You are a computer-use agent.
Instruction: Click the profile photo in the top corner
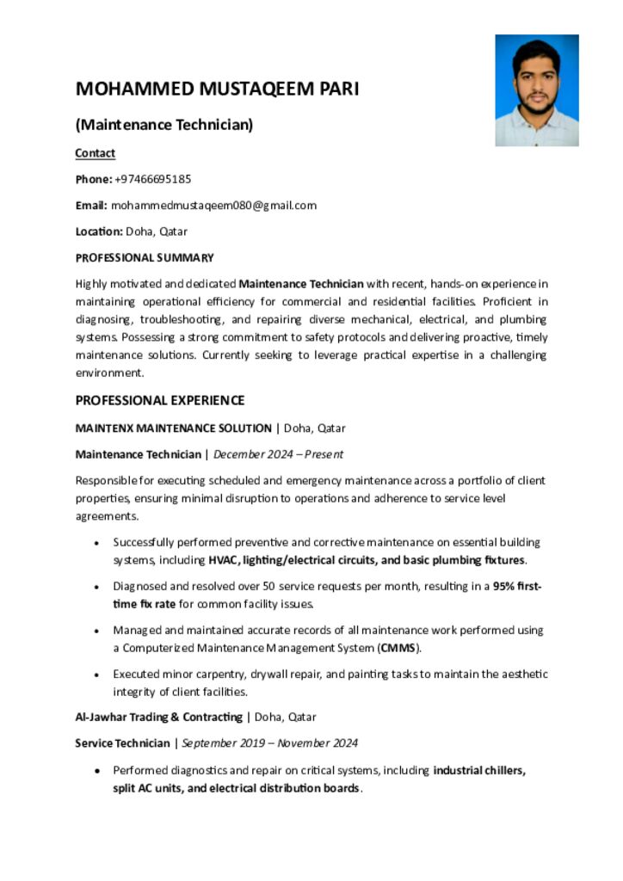[536, 90]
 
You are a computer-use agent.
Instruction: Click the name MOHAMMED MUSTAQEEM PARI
[217, 89]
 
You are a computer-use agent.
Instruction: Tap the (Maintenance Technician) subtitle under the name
[164, 126]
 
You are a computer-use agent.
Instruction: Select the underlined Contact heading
[95, 153]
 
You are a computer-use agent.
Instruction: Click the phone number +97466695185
[152, 179]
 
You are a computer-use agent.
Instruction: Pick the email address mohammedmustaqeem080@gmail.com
[213, 205]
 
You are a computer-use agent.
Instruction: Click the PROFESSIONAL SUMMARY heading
[145, 257]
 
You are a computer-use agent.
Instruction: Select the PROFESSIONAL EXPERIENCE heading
[160, 400]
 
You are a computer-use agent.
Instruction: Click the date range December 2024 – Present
[278, 453]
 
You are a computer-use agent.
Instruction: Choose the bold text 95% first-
[516, 586]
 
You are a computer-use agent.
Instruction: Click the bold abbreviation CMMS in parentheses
[397, 648]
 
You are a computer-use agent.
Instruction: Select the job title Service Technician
[122, 742]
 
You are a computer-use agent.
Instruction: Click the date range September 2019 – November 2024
[269, 742]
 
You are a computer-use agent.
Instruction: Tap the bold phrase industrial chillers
[479, 770]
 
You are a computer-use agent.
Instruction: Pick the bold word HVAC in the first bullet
[223, 560]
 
